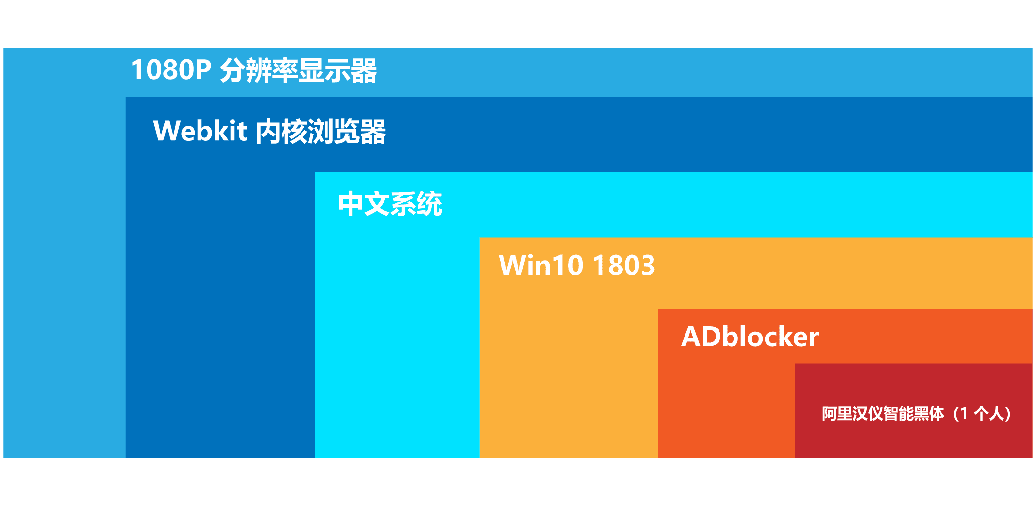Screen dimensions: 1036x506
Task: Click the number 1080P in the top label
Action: pos(171,69)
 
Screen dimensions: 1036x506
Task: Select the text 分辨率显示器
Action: pos(299,70)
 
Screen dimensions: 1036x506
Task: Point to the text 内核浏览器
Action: pos(321,132)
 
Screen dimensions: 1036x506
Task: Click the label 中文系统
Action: pos(390,203)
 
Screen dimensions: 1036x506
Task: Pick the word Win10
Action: pos(541,265)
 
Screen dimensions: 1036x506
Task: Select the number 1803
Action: pos(624,265)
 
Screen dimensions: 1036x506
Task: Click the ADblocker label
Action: pos(750,336)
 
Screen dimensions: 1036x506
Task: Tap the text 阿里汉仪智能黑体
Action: pos(883,413)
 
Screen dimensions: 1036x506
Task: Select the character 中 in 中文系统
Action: pos(351,203)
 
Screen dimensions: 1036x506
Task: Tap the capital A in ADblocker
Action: pos(691,337)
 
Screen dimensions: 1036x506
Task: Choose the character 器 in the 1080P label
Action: pos(364,70)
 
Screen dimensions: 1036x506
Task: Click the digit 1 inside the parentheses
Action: pos(964,413)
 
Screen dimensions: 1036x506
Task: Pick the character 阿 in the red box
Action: pos(830,413)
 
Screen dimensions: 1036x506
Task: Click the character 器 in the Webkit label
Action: pos(373,132)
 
